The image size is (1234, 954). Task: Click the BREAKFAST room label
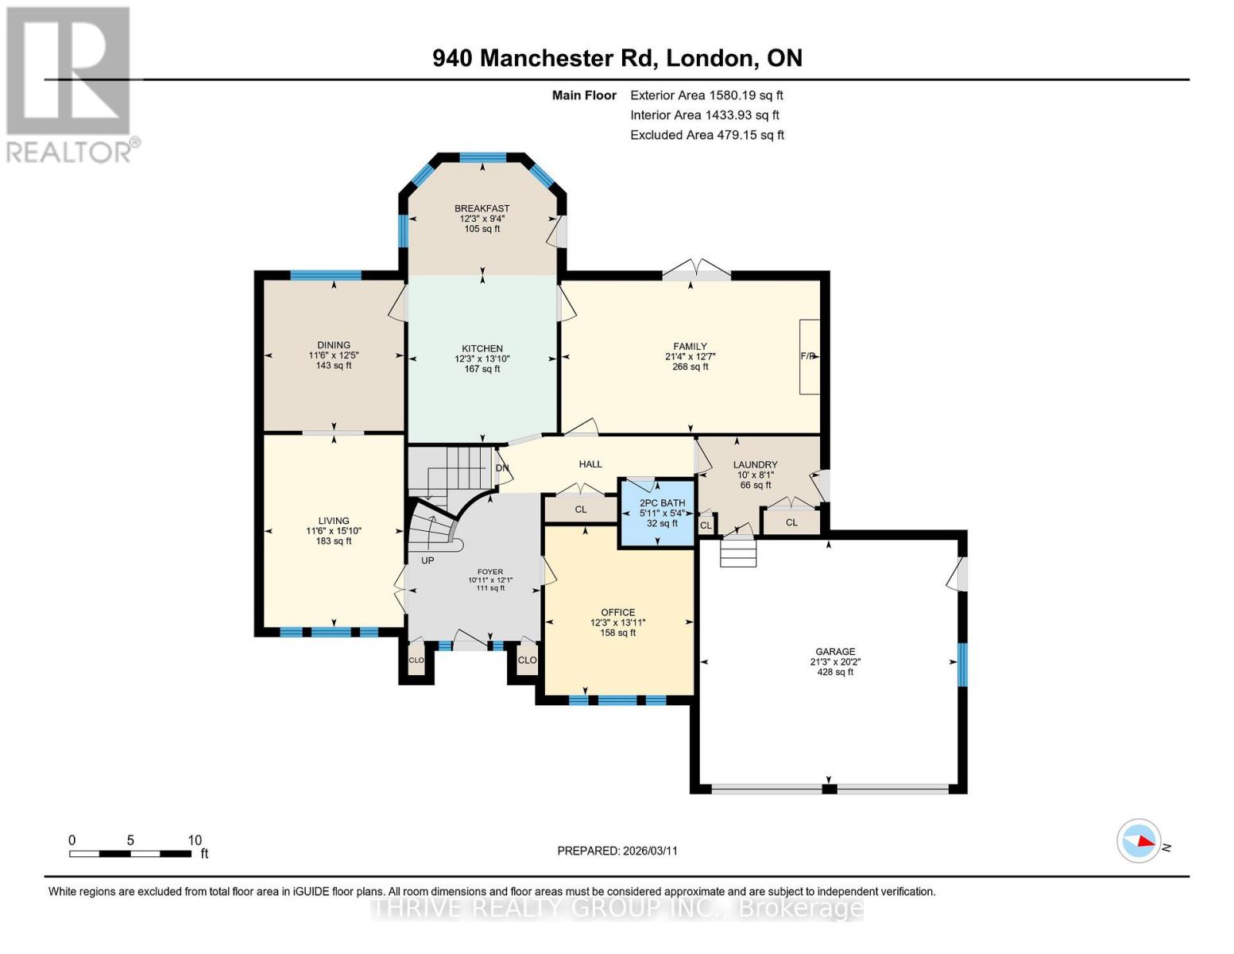pos(482,208)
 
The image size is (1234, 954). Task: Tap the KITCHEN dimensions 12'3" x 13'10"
pos(482,359)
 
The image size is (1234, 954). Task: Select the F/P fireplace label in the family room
pos(807,356)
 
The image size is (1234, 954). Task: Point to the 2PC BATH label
pos(662,503)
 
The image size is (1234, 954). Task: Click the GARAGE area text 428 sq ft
pos(835,673)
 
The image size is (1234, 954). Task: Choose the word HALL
pos(590,464)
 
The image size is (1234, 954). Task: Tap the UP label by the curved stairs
pos(427,560)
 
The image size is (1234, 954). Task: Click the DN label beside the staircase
pos(502,468)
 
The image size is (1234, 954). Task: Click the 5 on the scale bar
pos(130,840)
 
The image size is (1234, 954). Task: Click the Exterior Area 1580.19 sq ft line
pos(706,95)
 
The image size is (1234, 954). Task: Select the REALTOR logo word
pos(69,153)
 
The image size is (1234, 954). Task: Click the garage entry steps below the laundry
pos(738,553)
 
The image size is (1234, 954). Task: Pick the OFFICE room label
pos(618,612)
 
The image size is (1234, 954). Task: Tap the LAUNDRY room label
pos(756,464)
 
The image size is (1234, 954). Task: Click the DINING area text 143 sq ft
pos(334,366)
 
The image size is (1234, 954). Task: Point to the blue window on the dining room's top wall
pos(326,276)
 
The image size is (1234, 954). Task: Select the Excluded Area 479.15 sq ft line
pos(707,135)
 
